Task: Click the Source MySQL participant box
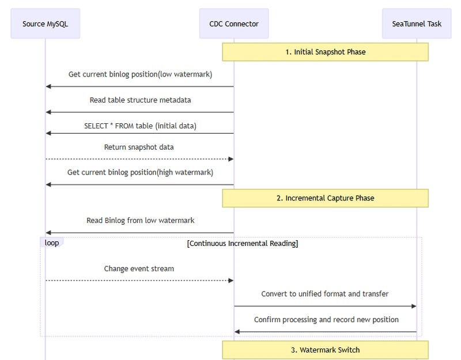click(45, 24)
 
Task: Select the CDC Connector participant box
click(234, 24)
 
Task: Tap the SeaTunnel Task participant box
click(417, 24)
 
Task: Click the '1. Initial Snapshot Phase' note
click(325, 52)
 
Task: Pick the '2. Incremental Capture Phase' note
click(325, 198)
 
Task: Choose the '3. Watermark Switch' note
click(325, 350)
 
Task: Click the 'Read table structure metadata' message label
click(140, 100)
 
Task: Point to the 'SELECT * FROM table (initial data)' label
click(140, 126)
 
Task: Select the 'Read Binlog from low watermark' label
click(140, 221)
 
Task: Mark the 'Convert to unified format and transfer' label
click(325, 294)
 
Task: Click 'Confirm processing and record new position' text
click(326, 320)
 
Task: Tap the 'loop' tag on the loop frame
click(52, 243)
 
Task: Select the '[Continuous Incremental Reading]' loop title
click(243, 244)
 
